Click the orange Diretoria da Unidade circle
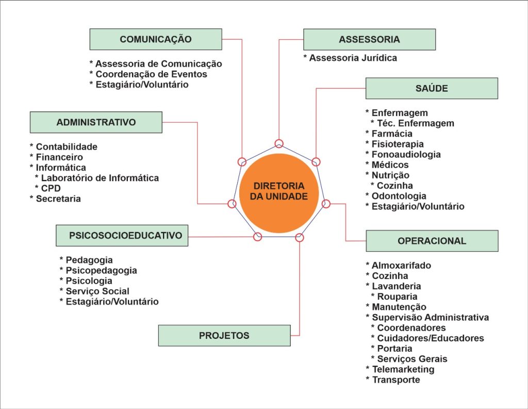[x=278, y=191]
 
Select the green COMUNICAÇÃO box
[x=156, y=39]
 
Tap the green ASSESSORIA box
[x=369, y=40]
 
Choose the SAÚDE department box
[x=432, y=88]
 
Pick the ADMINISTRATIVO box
[x=96, y=122]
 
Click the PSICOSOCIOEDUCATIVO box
[x=122, y=236]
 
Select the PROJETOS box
[x=224, y=336]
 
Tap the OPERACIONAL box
[x=432, y=241]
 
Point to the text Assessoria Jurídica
[x=353, y=58]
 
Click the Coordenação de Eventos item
[x=151, y=74]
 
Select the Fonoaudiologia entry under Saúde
[x=406, y=154]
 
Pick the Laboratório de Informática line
[x=100, y=178]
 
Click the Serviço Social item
[x=97, y=291]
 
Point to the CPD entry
[x=51, y=188]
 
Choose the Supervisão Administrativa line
[x=430, y=317]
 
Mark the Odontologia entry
[x=399, y=196]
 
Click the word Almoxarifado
[x=401, y=266]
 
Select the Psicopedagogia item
[x=101, y=270]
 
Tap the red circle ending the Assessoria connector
[x=279, y=143]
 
